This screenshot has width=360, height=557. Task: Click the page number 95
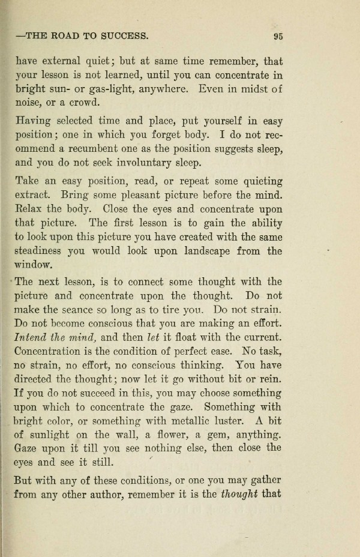(x=277, y=36)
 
